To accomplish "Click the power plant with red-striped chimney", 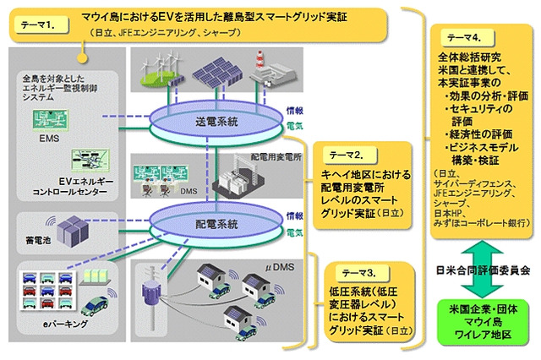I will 269,66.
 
